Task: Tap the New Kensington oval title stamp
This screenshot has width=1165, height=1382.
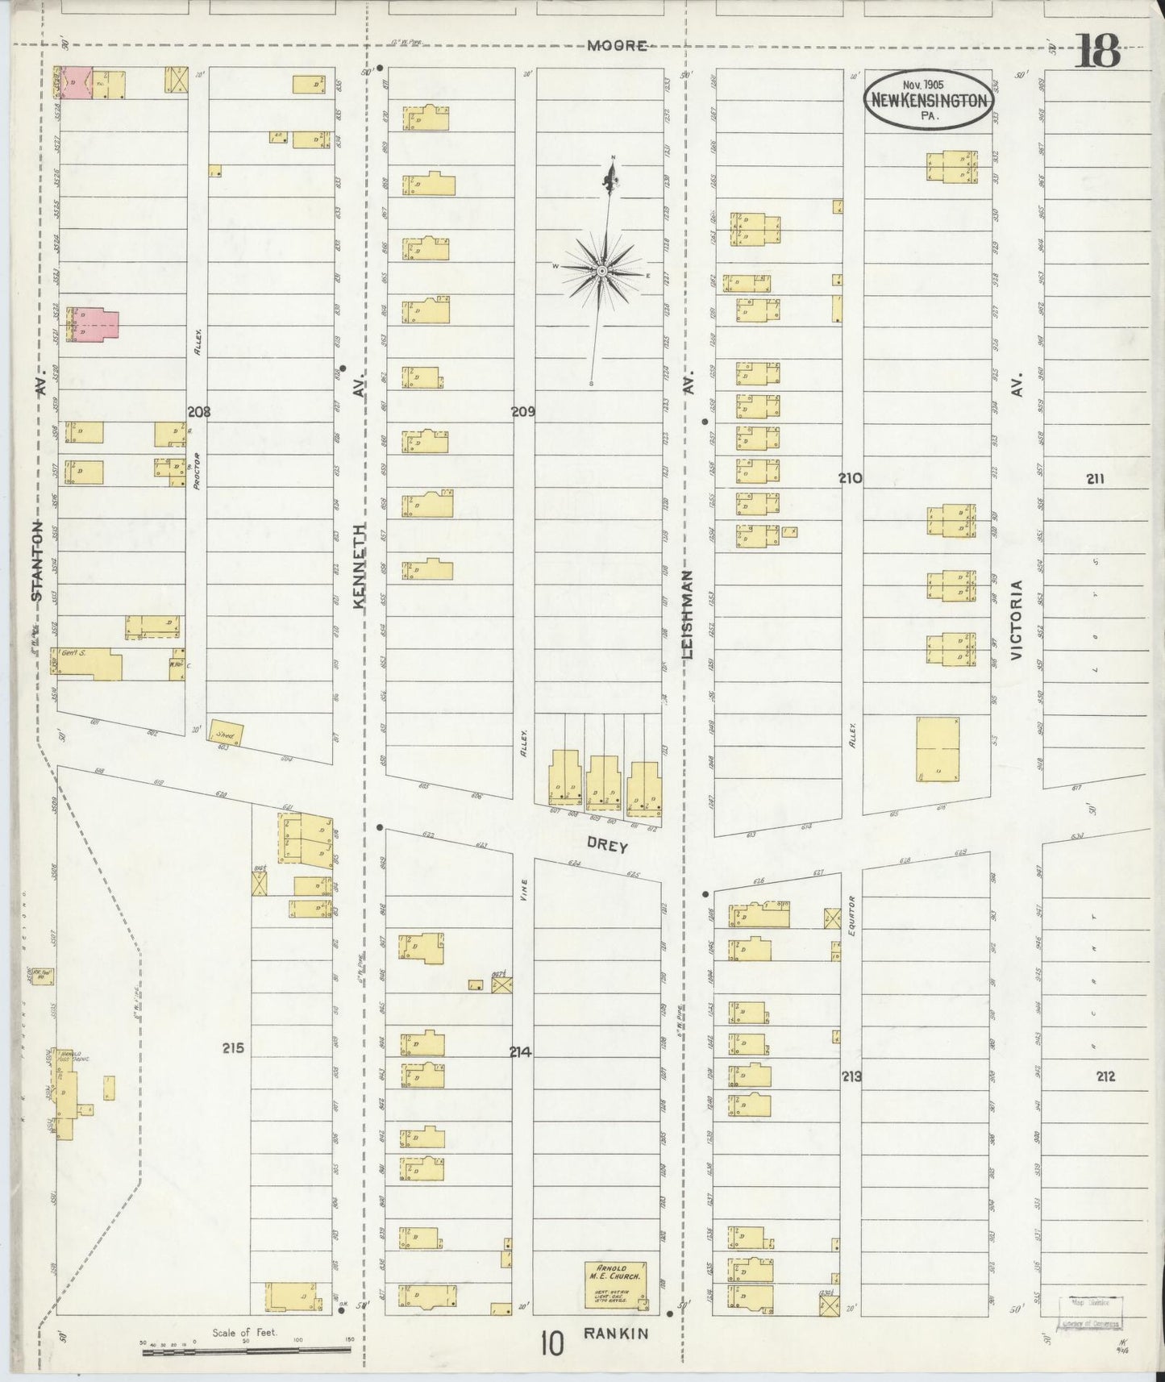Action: pos(928,100)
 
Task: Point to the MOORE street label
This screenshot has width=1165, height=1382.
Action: pos(617,46)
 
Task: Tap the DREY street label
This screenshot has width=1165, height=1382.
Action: pos(607,847)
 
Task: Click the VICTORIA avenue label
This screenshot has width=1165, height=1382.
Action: pos(1017,621)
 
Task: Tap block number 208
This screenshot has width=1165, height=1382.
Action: pos(198,411)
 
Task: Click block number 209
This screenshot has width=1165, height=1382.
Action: pos(522,411)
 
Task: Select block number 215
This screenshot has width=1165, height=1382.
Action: pos(233,1049)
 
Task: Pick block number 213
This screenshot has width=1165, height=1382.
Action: pos(851,1076)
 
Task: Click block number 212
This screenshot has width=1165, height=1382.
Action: pos(1105,1076)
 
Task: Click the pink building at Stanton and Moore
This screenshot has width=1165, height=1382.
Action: pos(74,83)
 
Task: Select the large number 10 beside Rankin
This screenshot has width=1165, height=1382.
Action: pos(552,1344)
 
